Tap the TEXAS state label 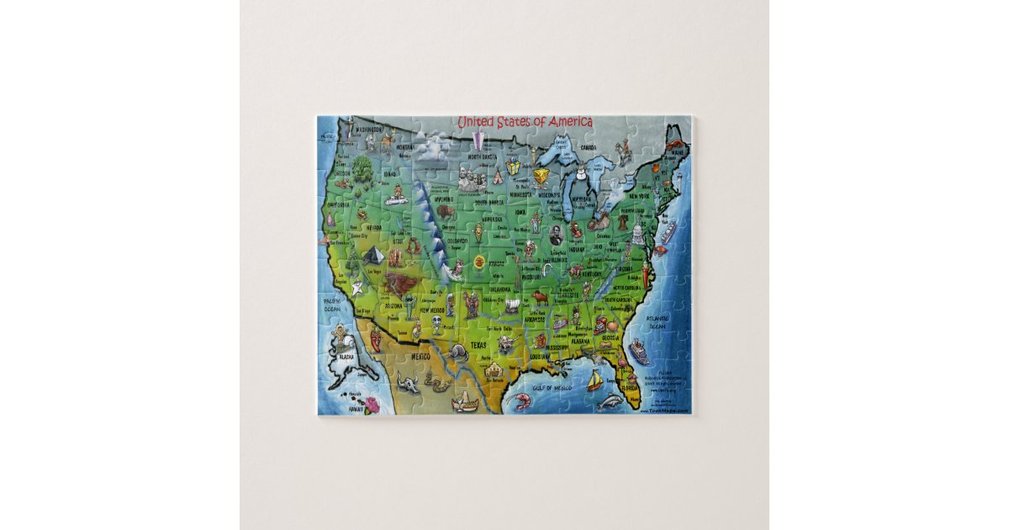[x=478, y=344]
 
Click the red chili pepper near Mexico [x=375, y=338]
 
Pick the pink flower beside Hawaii [x=371, y=403]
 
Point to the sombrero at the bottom [x=465, y=404]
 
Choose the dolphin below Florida [x=610, y=403]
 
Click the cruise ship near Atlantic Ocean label [x=639, y=352]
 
